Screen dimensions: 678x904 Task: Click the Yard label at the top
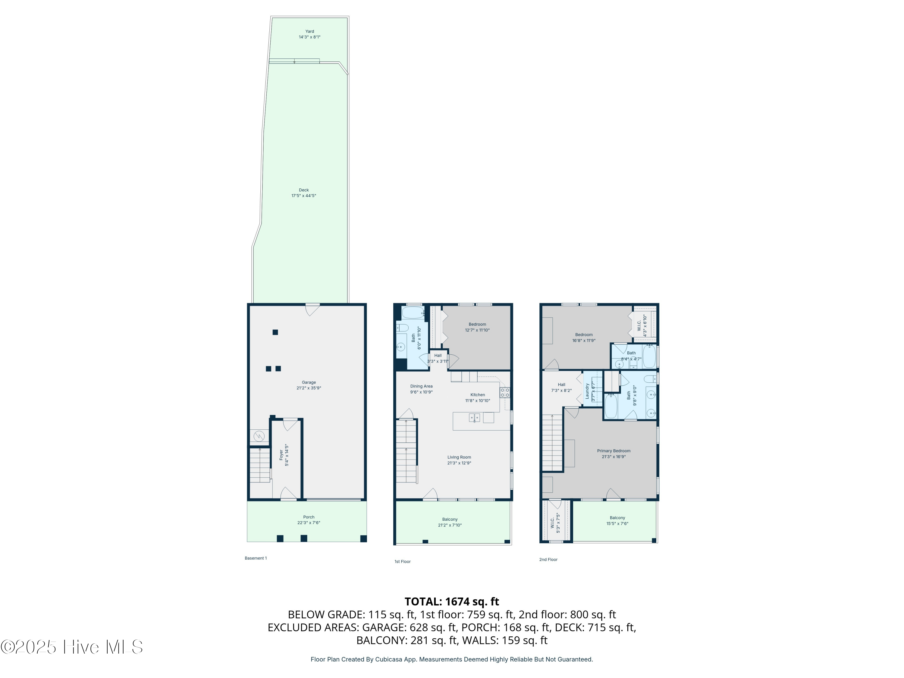pos(309,31)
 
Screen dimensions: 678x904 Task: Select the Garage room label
pos(309,382)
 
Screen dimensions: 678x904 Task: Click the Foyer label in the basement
pos(281,455)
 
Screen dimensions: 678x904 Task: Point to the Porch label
pos(309,517)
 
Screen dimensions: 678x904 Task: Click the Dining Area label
pos(421,386)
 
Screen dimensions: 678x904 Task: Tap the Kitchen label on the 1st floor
pos(477,395)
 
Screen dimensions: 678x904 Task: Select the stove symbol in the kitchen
pos(505,393)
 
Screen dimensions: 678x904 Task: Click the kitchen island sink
pos(474,418)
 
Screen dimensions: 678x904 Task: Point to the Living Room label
pos(459,457)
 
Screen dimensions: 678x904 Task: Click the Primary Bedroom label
pos(614,451)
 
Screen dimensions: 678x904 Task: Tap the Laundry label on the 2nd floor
pos(587,391)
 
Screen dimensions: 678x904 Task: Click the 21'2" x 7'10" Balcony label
pos(450,522)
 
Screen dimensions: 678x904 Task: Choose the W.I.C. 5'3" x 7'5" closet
pos(555,523)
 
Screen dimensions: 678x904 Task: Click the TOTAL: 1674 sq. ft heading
pos(452,601)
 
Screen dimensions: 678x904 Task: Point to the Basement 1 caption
pos(256,558)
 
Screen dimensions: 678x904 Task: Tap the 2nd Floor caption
pos(548,560)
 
